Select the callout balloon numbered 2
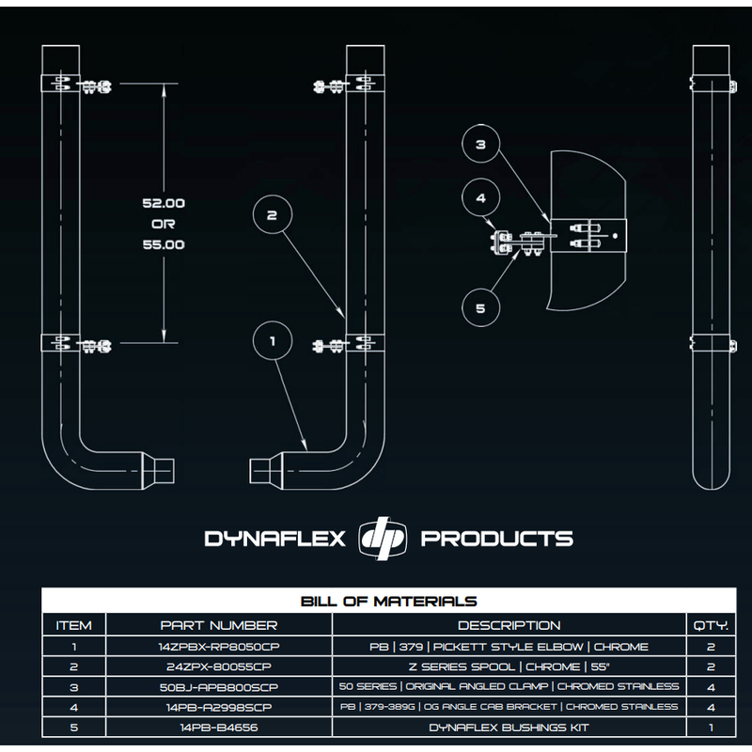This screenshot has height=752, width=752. click(273, 215)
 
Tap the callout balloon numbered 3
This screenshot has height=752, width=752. click(480, 146)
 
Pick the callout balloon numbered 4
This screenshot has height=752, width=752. click(480, 199)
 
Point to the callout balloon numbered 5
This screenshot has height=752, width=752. click(480, 306)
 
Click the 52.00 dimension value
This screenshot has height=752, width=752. click(164, 203)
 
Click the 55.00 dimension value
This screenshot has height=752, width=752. click(164, 244)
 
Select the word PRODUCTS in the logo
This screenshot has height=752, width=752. click(496, 540)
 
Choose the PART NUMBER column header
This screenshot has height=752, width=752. click(219, 625)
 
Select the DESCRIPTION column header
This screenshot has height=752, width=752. click(509, 625)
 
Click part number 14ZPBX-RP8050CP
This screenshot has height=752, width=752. click(219, 647)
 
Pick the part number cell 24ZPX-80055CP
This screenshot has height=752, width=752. click(219, 666)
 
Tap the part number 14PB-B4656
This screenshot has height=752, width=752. click(219, 727)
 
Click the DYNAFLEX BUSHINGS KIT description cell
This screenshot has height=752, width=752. click(509, 727)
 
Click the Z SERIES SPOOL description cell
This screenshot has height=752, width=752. click(509, 666)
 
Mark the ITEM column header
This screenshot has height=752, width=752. click(74, 625)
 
